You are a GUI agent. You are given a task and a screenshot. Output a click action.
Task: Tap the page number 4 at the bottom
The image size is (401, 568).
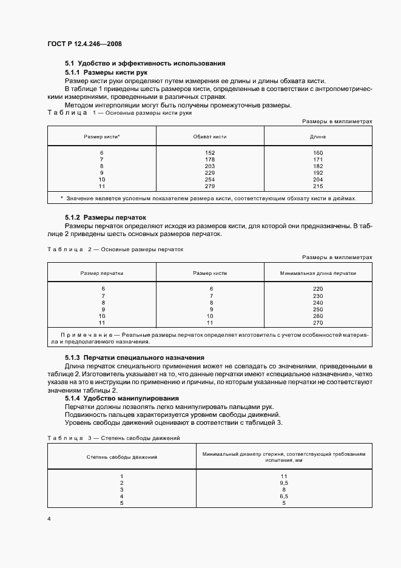point(49,518)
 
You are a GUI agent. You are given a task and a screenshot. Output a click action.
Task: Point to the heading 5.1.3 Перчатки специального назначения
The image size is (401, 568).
point(134,358)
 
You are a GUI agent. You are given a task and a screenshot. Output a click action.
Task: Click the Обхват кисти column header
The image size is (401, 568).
point(210,137)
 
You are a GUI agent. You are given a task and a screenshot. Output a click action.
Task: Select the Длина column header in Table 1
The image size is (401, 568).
point(318,137)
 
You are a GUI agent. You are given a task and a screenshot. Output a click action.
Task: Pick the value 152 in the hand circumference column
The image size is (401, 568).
point(210,152)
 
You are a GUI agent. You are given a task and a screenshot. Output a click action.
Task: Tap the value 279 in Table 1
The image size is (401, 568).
point(210,186)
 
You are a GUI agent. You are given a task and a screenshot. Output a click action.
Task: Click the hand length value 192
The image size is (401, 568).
point(318,172)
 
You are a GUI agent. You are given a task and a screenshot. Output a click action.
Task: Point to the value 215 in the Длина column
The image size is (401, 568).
point(318,186)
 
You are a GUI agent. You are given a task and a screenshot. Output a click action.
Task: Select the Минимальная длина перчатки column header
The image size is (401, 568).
point(318,273)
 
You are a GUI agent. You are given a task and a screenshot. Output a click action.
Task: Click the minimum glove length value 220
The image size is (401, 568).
point(318,289)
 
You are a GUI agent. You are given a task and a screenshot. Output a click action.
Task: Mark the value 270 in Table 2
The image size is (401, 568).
point(318,322)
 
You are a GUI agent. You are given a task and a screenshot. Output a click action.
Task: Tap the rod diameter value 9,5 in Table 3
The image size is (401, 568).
point(283,483)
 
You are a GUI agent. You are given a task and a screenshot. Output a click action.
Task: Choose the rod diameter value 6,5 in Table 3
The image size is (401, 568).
point(283,496)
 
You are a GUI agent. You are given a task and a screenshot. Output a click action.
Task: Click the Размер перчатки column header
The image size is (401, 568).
point(102,273)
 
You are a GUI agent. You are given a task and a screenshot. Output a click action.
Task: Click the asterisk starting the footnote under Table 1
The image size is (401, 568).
point(62,198)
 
